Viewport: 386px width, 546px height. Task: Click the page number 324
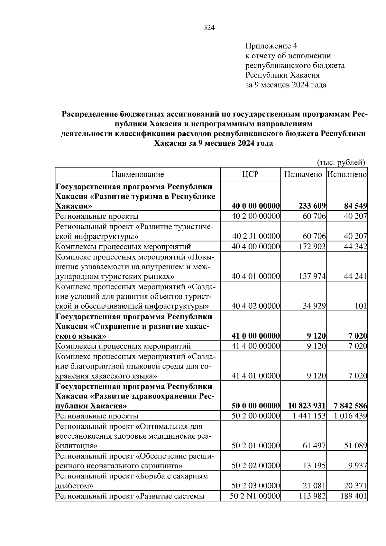(x=209, y=28)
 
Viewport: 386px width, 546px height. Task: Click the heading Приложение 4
(x=271, y=46)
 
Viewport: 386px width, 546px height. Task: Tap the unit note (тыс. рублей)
(x=341, y=162)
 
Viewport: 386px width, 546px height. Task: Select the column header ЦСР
(x=250, y=174)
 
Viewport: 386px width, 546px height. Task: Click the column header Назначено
(x=303, y=174)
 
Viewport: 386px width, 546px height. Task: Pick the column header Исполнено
(x=347, y=174)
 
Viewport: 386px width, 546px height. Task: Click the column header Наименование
(x=138, y=174)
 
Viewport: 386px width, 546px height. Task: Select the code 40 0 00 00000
(x=256, y=206)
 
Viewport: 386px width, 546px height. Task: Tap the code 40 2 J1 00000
(x=256, y=237)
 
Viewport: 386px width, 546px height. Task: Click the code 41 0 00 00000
(x=256, y=336)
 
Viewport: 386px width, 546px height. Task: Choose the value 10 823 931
(x=307, y=406)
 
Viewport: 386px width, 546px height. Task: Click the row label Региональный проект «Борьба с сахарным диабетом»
(x=132, y=481)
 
